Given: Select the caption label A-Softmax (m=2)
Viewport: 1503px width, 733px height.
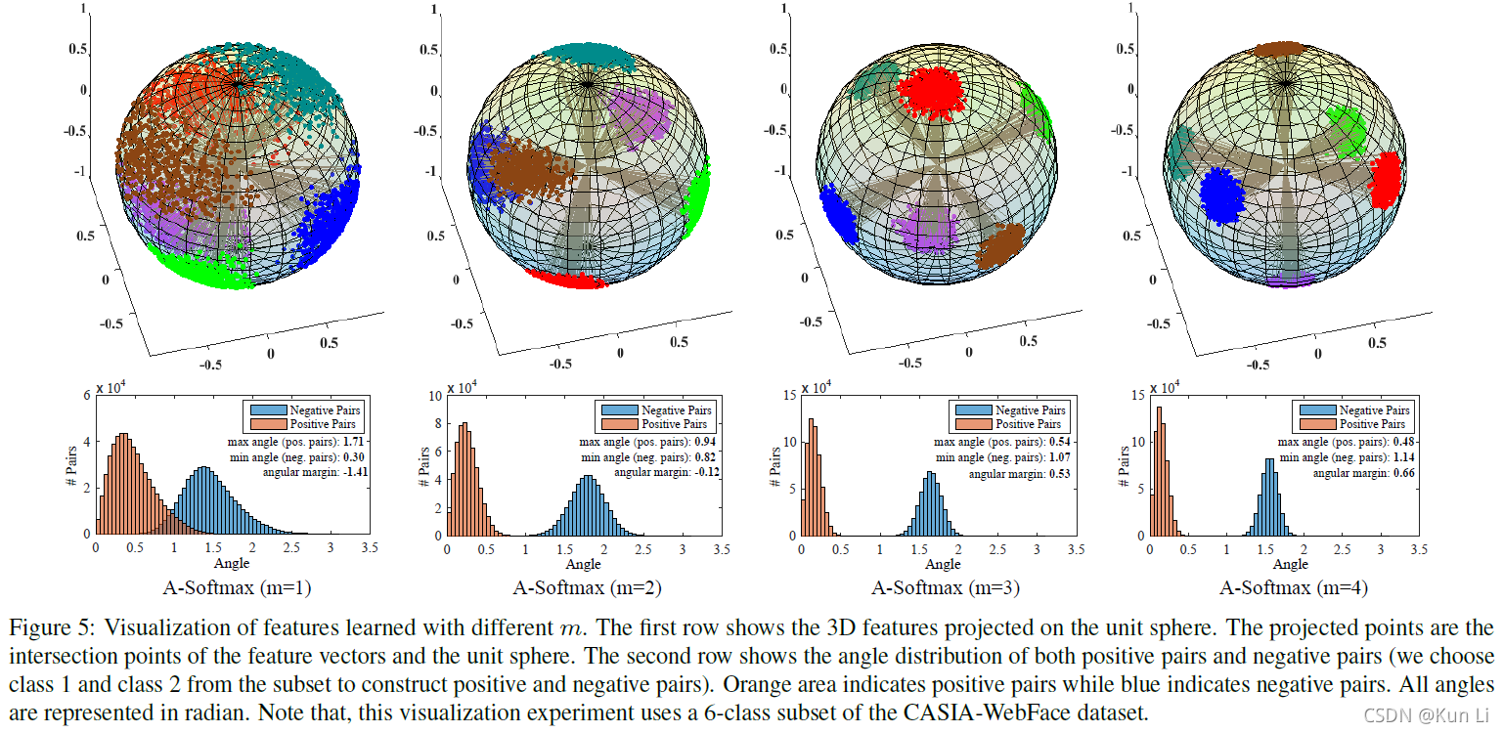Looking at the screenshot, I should click(x=584, y=588).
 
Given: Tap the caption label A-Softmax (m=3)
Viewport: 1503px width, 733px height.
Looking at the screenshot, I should click(x=942, y=588).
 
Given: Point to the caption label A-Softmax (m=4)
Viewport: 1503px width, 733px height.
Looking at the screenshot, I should click(x=1294, y=588).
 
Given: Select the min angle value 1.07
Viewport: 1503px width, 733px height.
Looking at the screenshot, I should click(x=1061, y=457).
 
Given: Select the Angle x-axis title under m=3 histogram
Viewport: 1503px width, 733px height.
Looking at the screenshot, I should click(x=942, y=564).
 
